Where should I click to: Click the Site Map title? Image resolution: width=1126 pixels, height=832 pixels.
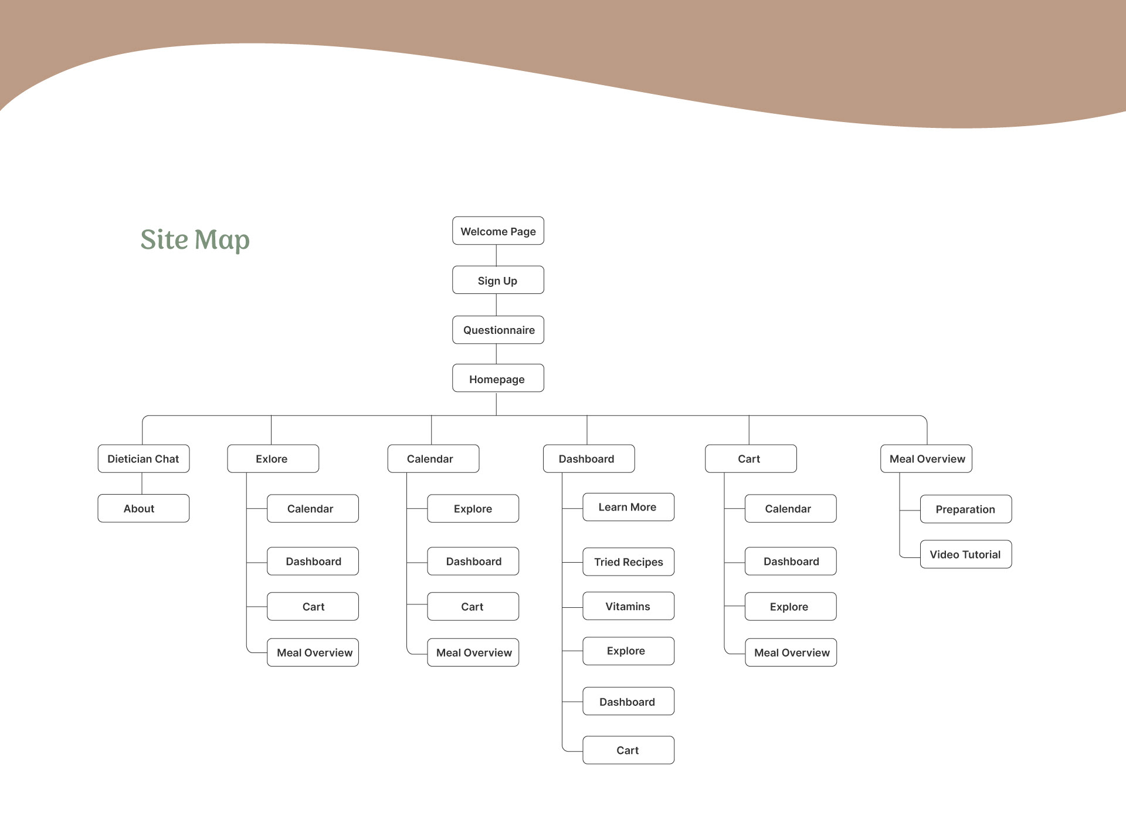coord(195,239)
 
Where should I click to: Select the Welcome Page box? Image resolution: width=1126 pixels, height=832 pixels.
coord(498,231)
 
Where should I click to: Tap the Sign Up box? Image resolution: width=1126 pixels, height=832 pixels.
coord(498,280)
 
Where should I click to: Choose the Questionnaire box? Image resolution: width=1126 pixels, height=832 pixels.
coord(498,330)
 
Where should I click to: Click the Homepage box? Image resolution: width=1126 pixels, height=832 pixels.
coord(498,378)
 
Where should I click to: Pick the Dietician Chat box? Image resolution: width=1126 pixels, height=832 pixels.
coord(143,459)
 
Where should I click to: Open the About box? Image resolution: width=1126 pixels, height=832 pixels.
coord(143,508)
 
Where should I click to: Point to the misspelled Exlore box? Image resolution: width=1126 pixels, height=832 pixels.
coord(273,459)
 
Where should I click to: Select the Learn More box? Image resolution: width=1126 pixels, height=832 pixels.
coord(628,507)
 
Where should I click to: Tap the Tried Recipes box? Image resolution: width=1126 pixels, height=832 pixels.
coord(628,562)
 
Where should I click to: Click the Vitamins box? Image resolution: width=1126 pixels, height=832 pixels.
coord(628,606)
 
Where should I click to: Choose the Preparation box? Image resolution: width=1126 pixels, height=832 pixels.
coord(965,509)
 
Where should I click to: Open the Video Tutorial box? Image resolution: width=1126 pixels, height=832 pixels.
coord(965,554)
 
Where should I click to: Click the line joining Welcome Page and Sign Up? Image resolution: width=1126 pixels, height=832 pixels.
coord(496,255)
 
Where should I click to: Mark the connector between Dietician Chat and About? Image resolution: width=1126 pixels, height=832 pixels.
coord(142,483)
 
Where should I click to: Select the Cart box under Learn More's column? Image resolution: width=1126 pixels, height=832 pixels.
coord(628,750)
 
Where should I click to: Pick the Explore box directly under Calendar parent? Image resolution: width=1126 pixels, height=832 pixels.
coord(473,509)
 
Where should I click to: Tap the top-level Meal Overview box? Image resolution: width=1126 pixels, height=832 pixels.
coord(926,459)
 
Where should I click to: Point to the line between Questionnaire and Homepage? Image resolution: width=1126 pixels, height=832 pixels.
coord(496,354)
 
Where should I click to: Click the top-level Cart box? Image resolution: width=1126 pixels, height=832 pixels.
coord(750,459)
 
